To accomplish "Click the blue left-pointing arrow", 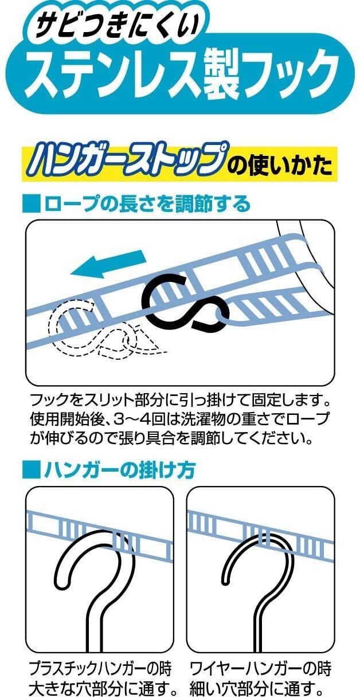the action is point(109,263).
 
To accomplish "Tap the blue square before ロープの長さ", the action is point(31,205).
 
